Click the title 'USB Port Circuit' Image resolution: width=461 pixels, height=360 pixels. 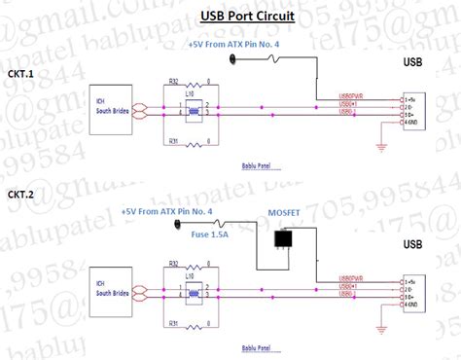point(247,17)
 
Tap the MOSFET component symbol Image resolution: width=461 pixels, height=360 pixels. point(285,239)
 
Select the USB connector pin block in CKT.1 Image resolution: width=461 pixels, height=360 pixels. point(413,111)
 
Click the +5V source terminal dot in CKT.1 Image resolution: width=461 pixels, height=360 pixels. point(233,59)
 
